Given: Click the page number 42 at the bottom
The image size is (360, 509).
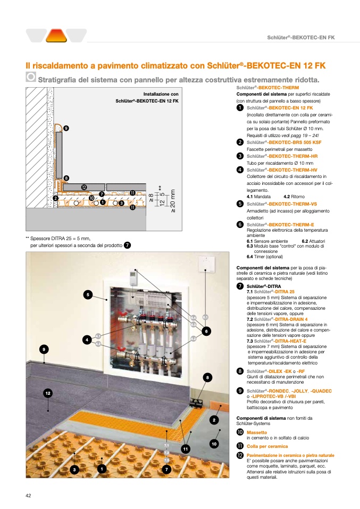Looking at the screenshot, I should (28, 496).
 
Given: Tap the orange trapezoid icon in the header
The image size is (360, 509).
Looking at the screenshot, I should (56, 36).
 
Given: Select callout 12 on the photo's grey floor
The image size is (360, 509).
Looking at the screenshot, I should (48, 393).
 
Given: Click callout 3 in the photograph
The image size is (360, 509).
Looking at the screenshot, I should (74, 469).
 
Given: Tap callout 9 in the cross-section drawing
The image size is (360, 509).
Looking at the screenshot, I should (65, 129).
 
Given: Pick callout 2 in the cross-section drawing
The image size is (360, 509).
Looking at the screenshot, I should (55, 198).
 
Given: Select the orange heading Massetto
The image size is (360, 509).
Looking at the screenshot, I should (256, 433).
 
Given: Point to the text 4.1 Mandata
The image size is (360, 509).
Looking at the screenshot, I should (259, 197).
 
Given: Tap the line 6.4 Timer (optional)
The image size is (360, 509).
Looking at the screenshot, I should (269, 256).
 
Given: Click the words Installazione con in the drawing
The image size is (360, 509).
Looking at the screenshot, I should (161, 94).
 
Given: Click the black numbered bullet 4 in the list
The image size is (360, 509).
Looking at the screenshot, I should (240, 169).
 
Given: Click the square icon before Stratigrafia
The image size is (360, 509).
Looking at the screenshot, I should (31, 77).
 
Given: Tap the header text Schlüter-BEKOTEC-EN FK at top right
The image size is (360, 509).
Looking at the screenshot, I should (300, 37).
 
